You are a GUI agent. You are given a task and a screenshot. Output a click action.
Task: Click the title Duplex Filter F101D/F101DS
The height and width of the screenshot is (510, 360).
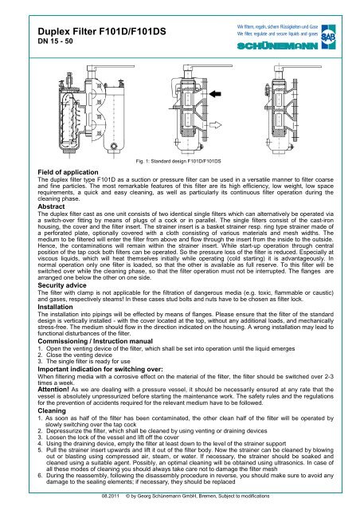(x=102, y=32)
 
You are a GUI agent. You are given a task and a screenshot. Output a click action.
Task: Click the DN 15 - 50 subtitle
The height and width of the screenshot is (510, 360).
(x=55, y=41)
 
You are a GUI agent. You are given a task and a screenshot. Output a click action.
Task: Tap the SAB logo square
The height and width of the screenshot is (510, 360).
(x=328, y=37)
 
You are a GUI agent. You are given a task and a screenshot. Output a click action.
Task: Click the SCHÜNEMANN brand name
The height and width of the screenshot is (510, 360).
(x=277, y=46)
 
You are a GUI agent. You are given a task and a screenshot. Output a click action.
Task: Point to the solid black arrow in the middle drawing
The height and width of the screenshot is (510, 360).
(x=215, y=94)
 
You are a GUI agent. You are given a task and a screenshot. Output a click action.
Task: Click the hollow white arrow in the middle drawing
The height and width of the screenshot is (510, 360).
(x=215, y=125)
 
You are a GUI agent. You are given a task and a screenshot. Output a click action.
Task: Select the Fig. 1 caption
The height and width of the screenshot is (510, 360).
(x=178, y=161)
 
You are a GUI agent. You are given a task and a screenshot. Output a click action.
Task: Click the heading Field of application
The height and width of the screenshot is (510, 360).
(x=68, y=172)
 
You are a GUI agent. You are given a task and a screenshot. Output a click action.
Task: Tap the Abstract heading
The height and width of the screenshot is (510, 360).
(x=51, y=206)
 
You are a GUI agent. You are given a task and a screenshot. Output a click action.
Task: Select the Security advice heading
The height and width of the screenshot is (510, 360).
(x=62, y=285)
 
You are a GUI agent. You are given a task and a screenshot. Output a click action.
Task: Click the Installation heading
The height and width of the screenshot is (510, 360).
(x=55, y=307)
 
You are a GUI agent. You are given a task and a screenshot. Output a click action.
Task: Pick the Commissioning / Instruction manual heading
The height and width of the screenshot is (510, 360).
(x=96, y=341)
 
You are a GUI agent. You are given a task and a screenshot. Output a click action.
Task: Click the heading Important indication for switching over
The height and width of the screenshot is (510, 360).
(x=100, y=369)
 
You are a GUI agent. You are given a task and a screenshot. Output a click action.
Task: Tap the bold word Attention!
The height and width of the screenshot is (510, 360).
(x=53, y=390)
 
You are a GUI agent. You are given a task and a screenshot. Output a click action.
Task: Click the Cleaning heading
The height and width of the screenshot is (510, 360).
(x=52, y=411)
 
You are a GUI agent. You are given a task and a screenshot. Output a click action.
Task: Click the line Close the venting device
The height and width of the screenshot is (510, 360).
(x=79, y=355)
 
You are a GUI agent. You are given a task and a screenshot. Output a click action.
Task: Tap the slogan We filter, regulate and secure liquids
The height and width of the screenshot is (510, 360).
(x=277, y=33)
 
